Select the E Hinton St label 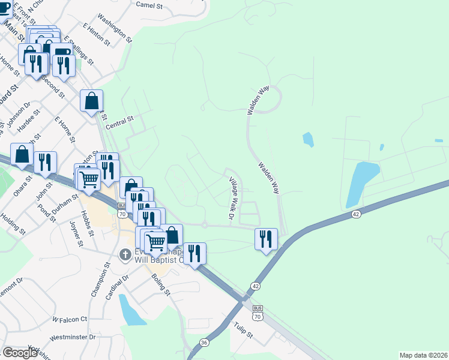[x=97, y=35]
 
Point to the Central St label [x=119, y=122]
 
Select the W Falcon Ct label [x=70, y=319]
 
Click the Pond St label [x=46, y=212]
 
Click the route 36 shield [x=204, y=343]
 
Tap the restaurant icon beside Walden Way [x=266, y=239]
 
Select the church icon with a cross [x=125, y=254]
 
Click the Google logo [x=20, y=353]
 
